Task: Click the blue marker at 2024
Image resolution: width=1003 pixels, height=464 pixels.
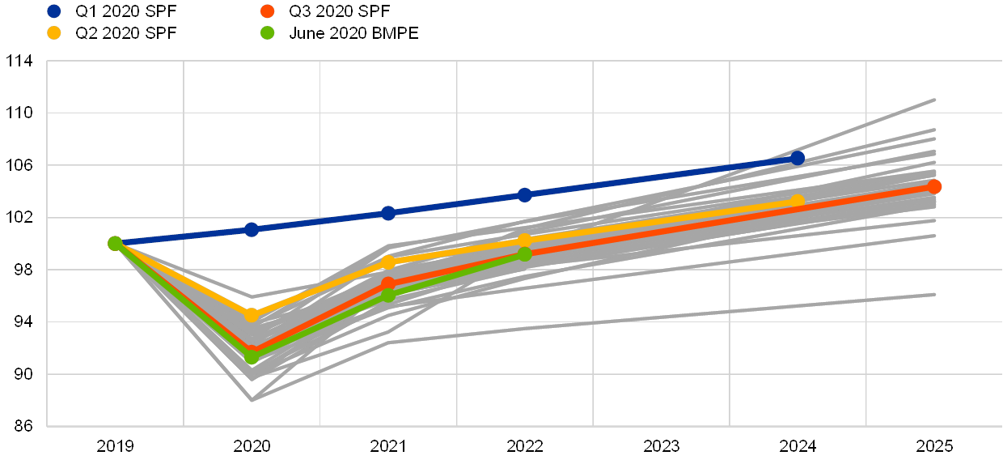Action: pos(798,158)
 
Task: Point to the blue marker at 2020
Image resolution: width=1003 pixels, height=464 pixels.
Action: pos(252,229)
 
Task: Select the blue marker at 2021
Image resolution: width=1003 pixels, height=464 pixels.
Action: pos(387,213)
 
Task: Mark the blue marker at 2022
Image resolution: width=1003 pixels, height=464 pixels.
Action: pos(524,194)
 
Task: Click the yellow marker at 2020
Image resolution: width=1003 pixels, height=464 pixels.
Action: pos(252,315)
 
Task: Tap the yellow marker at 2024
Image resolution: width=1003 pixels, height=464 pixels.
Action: pos(798,201)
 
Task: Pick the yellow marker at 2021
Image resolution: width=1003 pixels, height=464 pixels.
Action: pos(387,262)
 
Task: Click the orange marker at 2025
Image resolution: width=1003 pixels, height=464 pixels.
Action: pos(934,187)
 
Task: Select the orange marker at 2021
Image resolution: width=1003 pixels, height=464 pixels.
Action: pos(387,284)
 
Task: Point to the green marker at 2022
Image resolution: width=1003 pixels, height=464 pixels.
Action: pos(524,254)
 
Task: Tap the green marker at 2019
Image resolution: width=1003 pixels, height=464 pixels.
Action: pos(115,243)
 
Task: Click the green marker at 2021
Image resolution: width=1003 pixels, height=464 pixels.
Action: pos(387,295)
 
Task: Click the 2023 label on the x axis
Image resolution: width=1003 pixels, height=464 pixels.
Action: pos(661,445)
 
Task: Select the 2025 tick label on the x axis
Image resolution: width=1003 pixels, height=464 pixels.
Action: pos(934,445)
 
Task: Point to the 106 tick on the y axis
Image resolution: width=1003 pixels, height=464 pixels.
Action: pos(19,165)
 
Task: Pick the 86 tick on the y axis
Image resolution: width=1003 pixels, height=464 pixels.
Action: pos(19,426)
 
